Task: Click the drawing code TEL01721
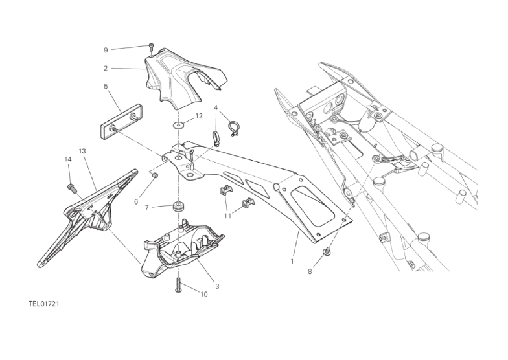point(43,304)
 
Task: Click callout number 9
point(106,50)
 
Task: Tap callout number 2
point(106,69)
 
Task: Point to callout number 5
point(106,87)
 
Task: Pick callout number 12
point(199,116)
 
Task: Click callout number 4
point(216,107)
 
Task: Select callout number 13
point(82,152)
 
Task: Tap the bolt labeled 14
point(70,186)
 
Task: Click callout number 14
point(67,159)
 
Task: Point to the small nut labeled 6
point(156,175)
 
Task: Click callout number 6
point(136,202)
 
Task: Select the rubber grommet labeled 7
point(178,206)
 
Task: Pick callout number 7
point(146,208)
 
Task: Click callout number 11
point(228,216)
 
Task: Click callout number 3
point(218,286)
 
